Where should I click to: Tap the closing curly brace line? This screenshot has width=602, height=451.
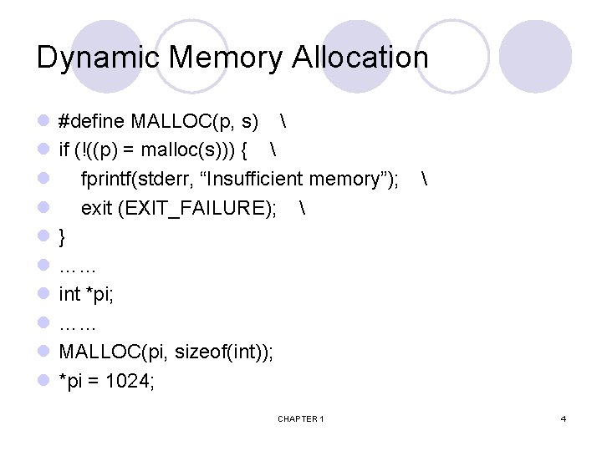click(63, 238)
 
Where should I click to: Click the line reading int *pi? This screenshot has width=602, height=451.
click(86, 295)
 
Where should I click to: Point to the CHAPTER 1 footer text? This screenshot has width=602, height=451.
click(301, 418)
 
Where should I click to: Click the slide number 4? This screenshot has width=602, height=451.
click(564, 418)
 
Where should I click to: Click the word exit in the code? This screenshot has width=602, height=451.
click(96, 209)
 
